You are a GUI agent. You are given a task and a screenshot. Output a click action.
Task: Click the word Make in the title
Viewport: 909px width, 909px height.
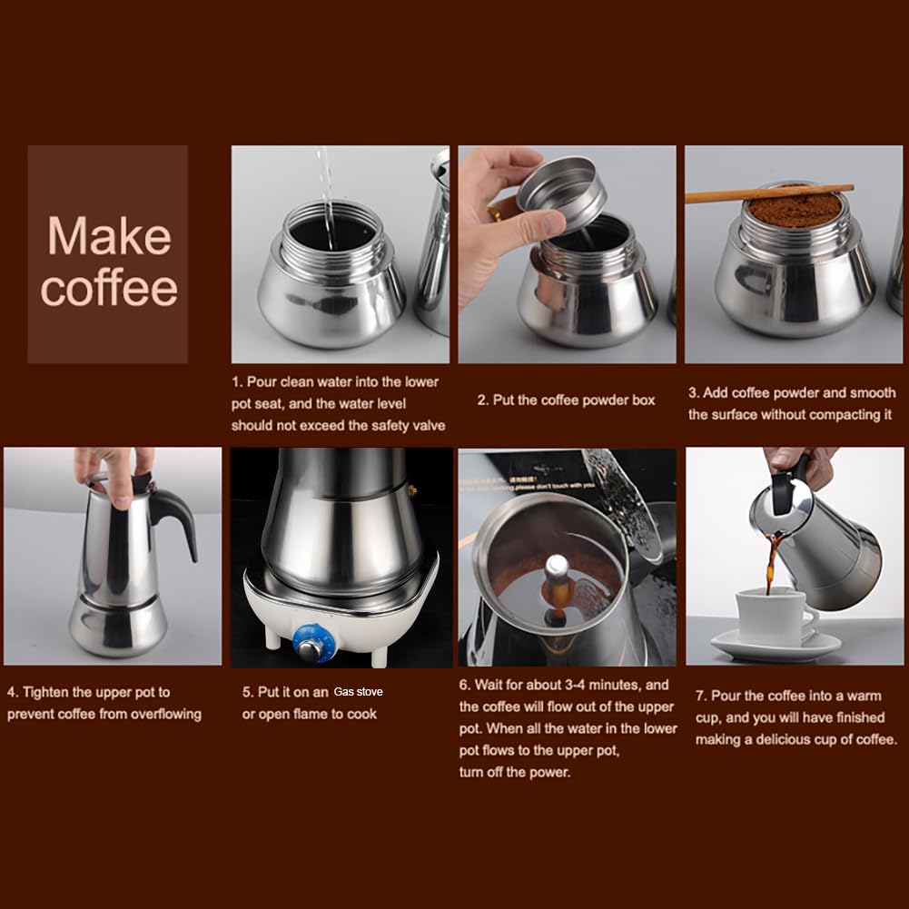109,236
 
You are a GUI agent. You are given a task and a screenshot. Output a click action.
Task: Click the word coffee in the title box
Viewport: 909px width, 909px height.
109,289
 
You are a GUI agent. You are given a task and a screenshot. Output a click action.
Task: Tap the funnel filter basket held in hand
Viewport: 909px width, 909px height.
562,193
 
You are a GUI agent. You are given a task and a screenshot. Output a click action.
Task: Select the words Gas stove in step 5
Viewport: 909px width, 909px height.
358,692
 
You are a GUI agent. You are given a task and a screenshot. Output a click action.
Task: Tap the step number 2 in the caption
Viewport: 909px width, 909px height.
482,400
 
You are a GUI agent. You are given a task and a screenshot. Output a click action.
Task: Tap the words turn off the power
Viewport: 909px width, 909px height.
515,772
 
